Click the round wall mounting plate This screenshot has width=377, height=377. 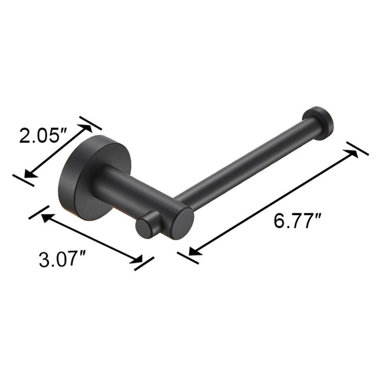pos(82,177)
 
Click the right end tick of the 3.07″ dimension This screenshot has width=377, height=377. pos(144,263)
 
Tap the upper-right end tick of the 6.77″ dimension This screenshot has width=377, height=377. pos(358,148)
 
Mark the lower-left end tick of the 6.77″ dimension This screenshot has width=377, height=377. pos(187,256)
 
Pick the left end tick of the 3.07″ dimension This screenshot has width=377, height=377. pos(38,212)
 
